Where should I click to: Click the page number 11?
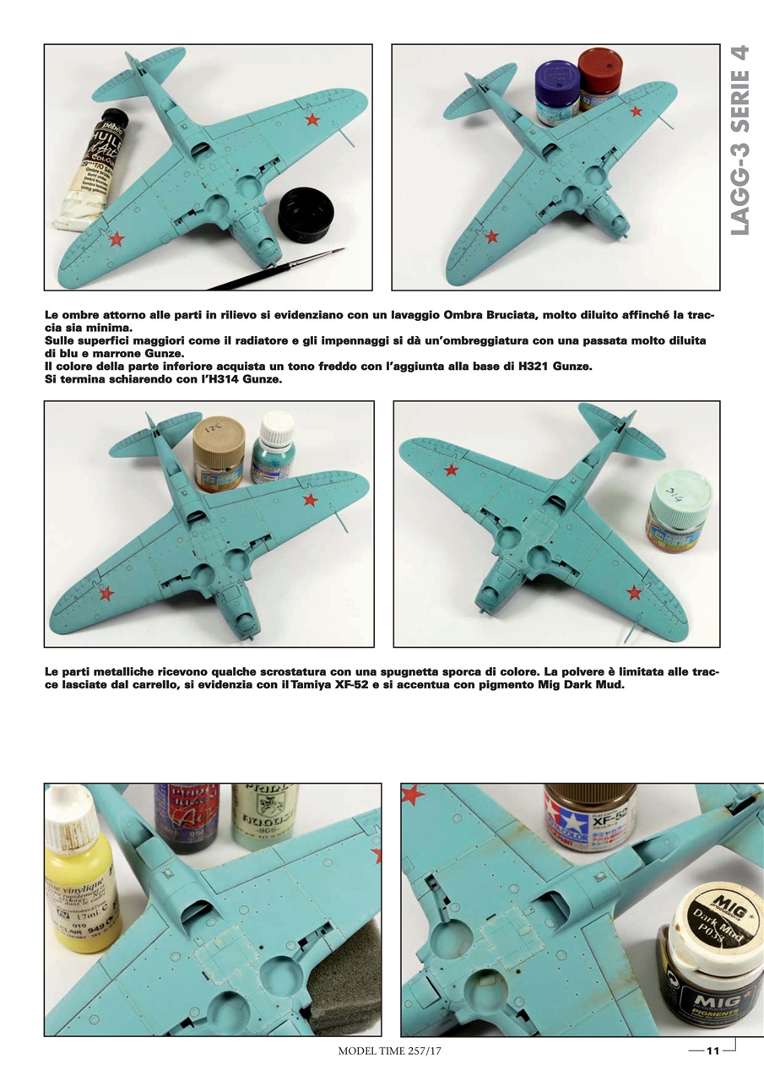pyautogui.click(x=712, y=1051)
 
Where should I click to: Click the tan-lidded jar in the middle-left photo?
pyautogui.click(x=219, y=453)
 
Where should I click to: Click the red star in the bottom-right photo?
pyautogui.click(x=413, y=795)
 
